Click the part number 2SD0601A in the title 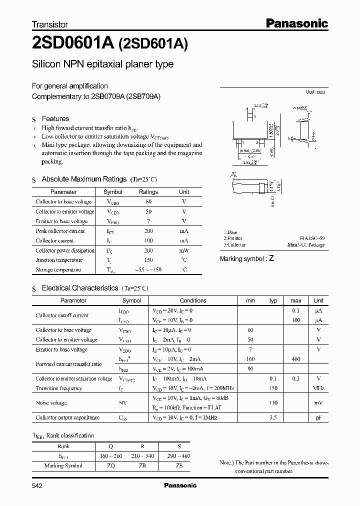73,44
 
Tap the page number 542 37,485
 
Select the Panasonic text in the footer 180,485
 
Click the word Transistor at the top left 50,24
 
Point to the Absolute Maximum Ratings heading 83,179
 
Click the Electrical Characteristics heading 80,288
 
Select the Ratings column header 148,192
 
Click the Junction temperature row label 57,260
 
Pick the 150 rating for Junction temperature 148,260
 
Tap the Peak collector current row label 60,231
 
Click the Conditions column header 193,300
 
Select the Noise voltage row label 51,403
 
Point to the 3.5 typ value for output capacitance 273,417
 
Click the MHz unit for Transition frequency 318,388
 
